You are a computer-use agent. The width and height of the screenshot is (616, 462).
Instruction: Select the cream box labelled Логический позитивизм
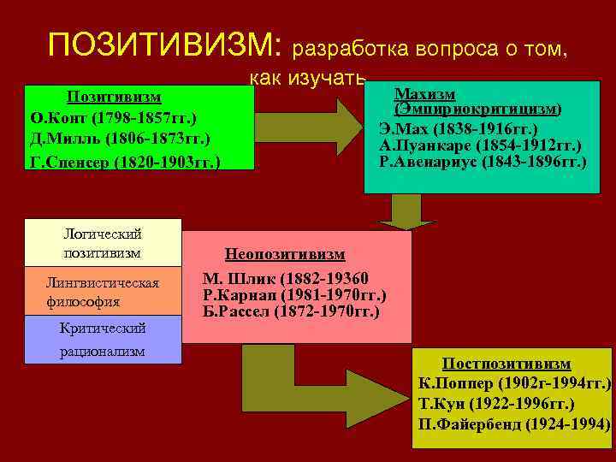pyautogui.click(x=103, y=243)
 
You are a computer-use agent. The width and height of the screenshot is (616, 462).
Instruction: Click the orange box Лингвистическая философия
pyautogui.click(x=103, y=292)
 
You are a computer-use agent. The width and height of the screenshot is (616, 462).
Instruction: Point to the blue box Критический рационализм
pyautogui.click(x=103, y=340)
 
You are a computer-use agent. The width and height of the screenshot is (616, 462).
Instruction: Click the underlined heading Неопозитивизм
pyautogui.click(x=284, y=254)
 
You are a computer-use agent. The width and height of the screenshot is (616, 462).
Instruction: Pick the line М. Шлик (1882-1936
pyautogui.click(x=286, y=278)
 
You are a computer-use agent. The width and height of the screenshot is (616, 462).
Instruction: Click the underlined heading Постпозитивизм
pyautogui.click(x=506, y=364)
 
